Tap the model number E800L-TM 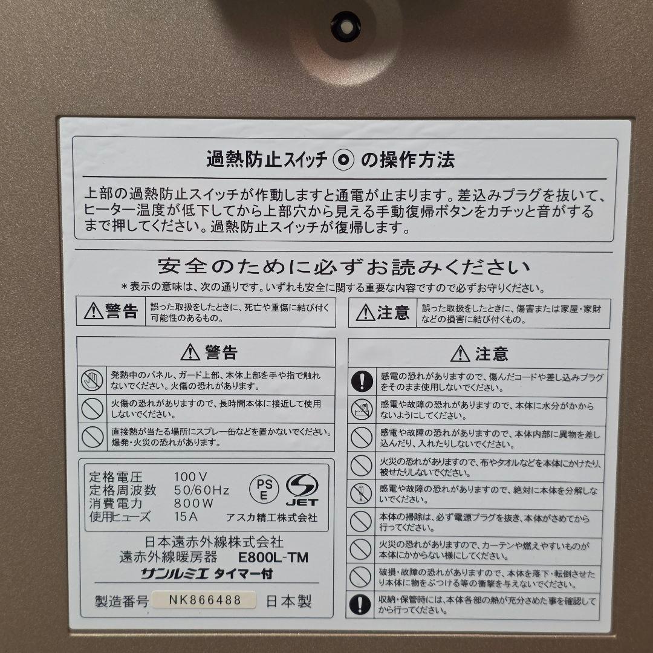click(x=273, y=557)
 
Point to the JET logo click(x=301, y=490)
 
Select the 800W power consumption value click(x=193, y=502)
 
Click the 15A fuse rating click(x=186, y=516)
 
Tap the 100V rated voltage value click(x=190, y=476)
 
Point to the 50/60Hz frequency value click(x=201, y=489)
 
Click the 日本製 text click(x=289, y=601)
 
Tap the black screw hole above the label click(x=346, y=27)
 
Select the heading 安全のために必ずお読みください click(x=343, y=267)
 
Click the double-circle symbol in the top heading click(x=345, y=160)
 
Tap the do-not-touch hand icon click(x=92, y=380)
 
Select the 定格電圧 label click(x=115, y=476)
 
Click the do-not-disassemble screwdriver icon click(x=361, y=493)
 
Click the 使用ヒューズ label click(x=120, y=516)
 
